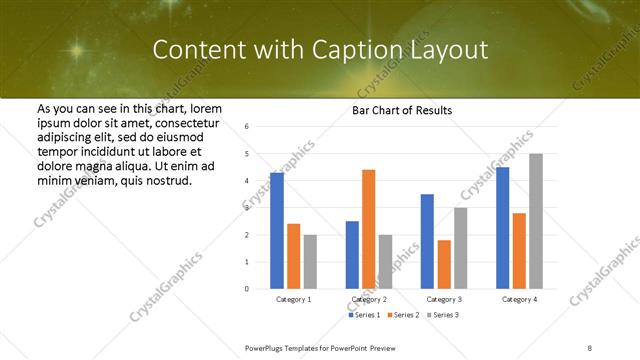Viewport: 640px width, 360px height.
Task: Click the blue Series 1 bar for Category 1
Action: tap(277, 231)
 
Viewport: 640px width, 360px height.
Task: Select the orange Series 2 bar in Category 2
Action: tap(368, 229)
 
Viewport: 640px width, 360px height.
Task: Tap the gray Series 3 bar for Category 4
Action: tap(536, 221)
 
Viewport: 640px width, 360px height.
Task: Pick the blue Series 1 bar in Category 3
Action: tap(427, 241)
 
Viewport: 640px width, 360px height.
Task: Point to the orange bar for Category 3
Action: tap(443, 264)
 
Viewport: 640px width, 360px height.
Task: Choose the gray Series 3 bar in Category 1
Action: tap(310, 261)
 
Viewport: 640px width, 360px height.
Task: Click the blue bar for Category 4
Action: tap(502, 228)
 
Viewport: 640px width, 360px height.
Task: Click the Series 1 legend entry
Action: tap(363, 316)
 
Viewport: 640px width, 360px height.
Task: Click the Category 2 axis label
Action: tap(369, 299)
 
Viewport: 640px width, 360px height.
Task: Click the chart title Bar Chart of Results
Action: tap(402, 110)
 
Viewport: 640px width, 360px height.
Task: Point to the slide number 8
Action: tap(590, 347)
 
